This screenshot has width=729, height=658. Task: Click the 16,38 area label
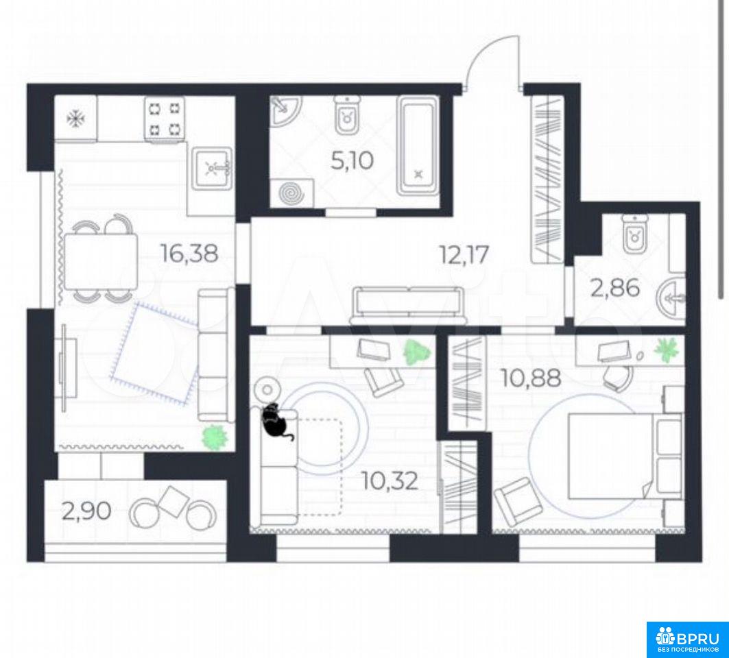pyautogui.click(x=189, y=254)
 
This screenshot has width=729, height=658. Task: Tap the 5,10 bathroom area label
pyautogui.click(x=352, y=161)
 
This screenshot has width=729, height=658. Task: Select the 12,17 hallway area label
pyautogui.click(x=464, y=255)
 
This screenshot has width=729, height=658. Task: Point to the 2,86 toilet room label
pyautogui.click(x=615, y=288)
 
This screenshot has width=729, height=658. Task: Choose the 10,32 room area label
pyautogui.click(x=390, y=481)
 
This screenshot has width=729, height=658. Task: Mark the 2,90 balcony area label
pyautogui.click(x=86, y=511)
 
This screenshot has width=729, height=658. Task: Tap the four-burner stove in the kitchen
pyautogui.click(x=164, y=118)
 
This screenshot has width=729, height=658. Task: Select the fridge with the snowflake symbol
pyautogui.click(x=76, y=118)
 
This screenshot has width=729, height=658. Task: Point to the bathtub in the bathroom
pyautogui.click(x=418, y=145)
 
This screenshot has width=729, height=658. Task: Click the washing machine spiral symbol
pyautogui.click(x=291, y=193)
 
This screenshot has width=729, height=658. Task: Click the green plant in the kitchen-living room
pyautogui.click(x=215, y=437)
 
